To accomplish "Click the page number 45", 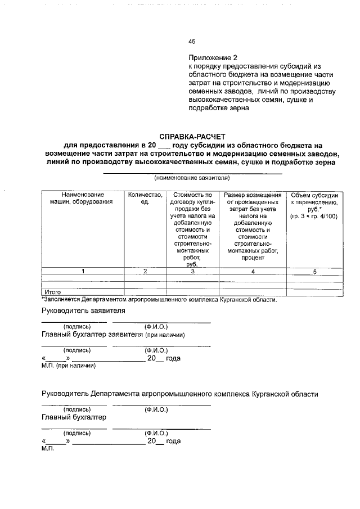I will point(191,42).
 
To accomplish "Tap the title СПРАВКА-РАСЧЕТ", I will point(192,136).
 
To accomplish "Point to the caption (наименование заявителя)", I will point(192,178).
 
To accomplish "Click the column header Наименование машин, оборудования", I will point(83,198).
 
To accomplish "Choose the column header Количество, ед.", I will point(145,198).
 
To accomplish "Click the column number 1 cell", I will point(83,272).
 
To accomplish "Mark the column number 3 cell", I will point(192,272).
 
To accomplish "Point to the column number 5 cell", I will point(314,272).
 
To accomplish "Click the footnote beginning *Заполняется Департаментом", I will point(159,299).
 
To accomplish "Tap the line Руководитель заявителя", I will point(83,310).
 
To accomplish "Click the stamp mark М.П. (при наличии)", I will point(68,366).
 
